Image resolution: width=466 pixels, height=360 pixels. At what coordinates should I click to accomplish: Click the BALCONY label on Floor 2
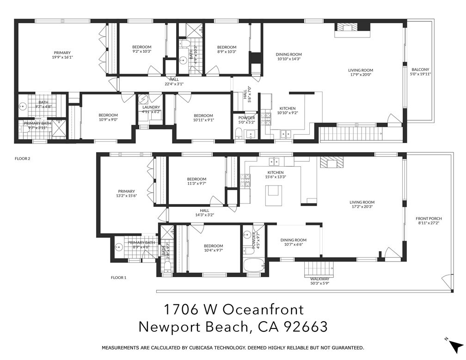click(420, 69)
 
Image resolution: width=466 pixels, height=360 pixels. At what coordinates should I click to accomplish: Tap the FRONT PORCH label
click(429, 218)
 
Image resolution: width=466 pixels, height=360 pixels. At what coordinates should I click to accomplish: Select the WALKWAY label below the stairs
click(319, 279)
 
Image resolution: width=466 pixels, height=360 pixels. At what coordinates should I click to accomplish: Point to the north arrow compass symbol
click(455, 345)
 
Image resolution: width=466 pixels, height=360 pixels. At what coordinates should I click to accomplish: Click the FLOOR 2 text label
click(23, 158)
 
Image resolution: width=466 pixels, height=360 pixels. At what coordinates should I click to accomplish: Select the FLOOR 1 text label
click(118, 278)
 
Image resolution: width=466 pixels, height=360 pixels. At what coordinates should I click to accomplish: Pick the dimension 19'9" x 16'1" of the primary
click(62, 57)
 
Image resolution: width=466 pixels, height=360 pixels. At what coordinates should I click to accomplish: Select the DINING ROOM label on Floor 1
click(294, 240)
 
